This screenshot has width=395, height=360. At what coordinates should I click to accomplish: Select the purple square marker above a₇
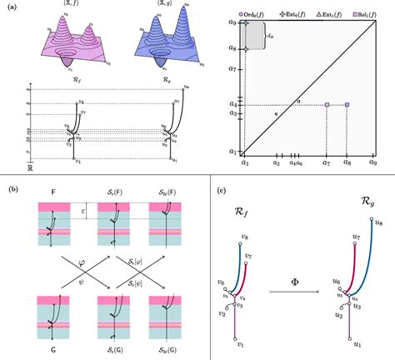[327, 104]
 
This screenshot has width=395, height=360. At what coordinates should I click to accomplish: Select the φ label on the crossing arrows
[82, 268]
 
